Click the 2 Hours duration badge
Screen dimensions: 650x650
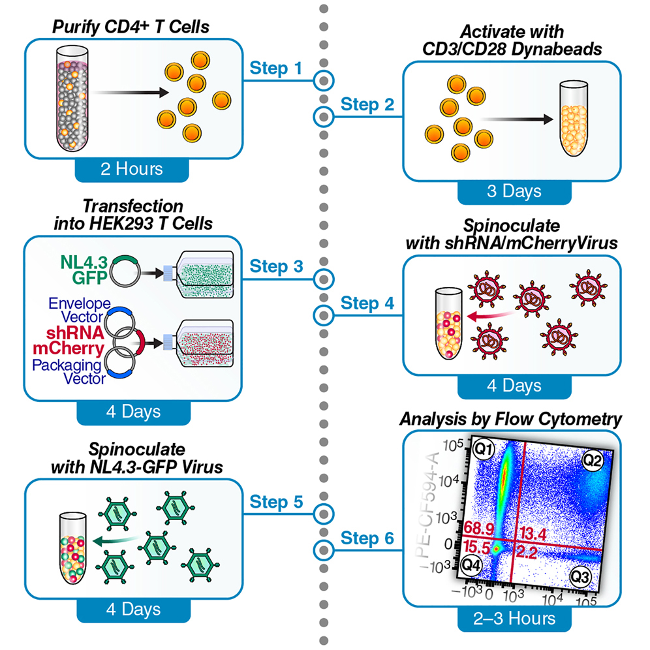coord(132,169)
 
